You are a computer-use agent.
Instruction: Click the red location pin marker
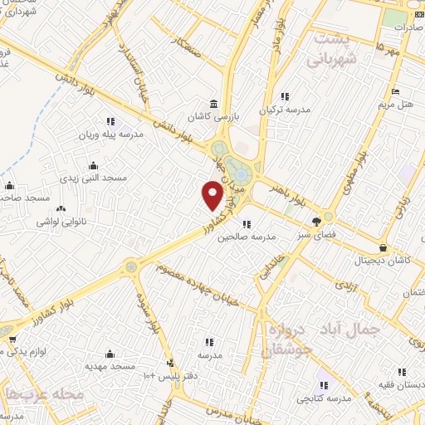(x=212, y=196)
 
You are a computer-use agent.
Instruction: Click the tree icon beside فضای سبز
(x=316, y=222)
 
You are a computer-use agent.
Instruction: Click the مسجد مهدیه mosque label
(x=110, y=365)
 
